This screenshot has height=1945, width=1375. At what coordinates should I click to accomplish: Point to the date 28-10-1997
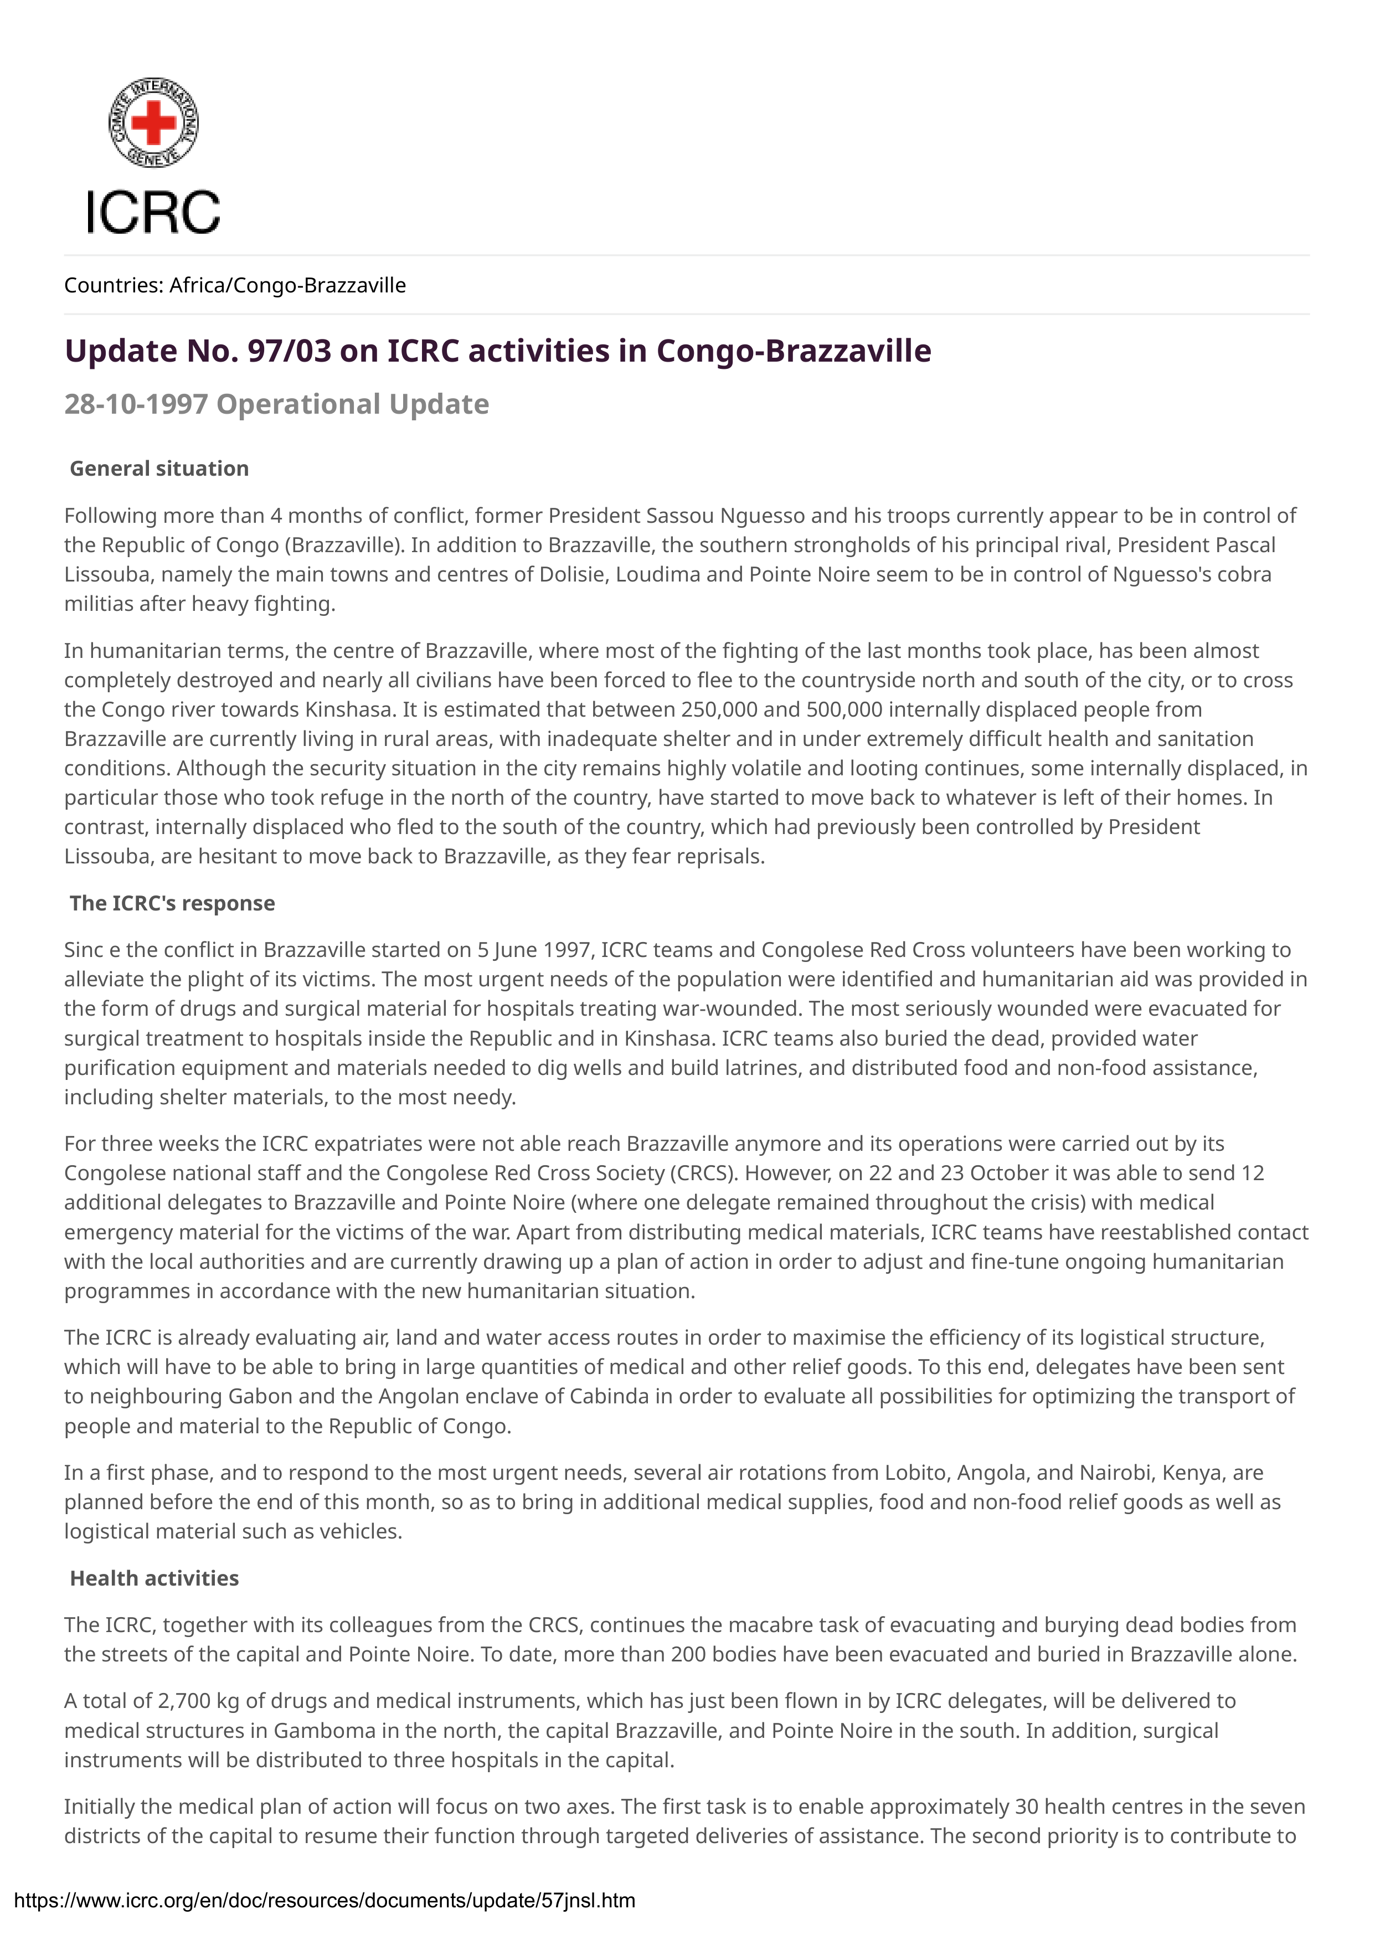coord(136,404)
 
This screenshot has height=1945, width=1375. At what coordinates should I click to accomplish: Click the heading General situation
coord(159,469)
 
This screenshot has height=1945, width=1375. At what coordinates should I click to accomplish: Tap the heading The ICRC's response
coord(172,903)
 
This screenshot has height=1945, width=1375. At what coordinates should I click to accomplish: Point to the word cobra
coord(1244,574)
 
